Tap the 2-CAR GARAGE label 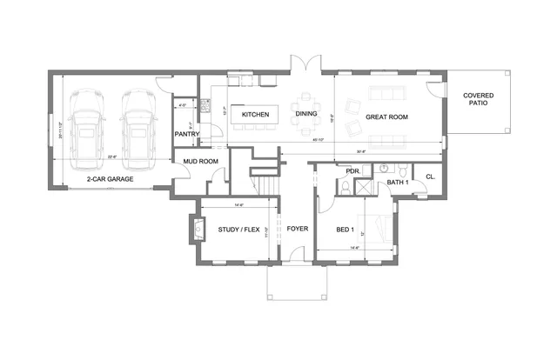(x=109, y=178)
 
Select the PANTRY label (x=187, y=134)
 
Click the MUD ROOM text (x=200, y=161)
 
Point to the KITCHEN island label (x=255, y=115)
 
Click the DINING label (x=306, y=114)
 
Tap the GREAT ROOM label (x=387, y=116)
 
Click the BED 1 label (x=346, y=230)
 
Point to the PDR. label (x=352, y=171)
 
